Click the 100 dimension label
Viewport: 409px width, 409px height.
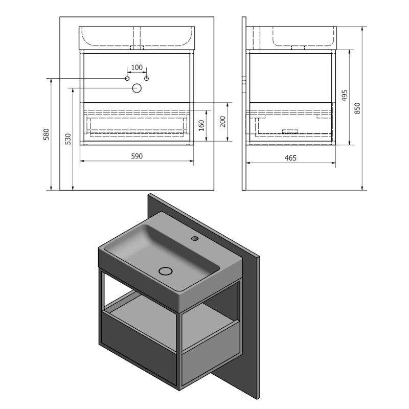137,67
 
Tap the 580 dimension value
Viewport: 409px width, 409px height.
46,134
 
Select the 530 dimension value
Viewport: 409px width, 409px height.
68,139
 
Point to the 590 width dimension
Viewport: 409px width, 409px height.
137,156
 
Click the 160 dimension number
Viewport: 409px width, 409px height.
201,125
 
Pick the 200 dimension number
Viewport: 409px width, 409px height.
222,122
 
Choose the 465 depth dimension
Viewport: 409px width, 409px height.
290,158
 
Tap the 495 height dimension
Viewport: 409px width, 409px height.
345,96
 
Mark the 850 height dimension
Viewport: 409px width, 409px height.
357,108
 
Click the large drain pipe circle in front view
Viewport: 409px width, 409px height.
137,88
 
